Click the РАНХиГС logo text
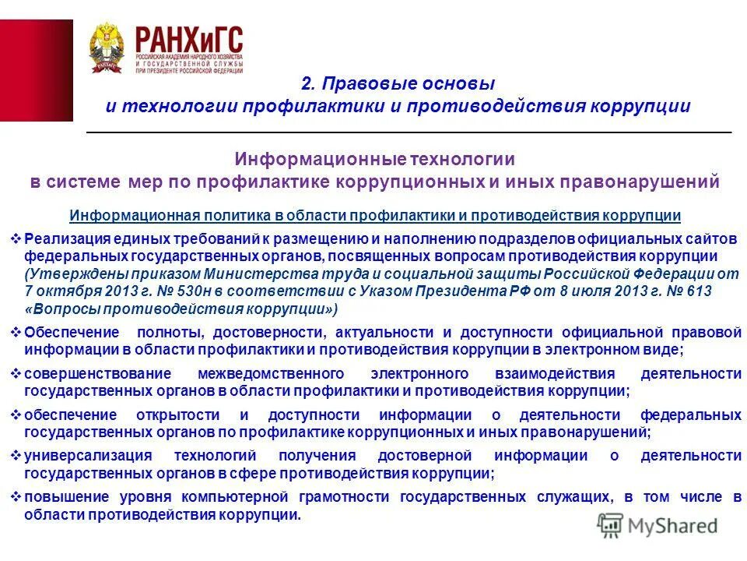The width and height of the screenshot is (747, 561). pos(189,39)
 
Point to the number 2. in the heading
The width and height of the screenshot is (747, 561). pos(309,83)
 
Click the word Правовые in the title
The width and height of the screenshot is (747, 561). pos(361,83)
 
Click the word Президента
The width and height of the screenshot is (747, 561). pos(468,291)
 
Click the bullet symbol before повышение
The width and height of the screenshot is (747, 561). pos(16,497)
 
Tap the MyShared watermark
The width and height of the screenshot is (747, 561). pos(658,526)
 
